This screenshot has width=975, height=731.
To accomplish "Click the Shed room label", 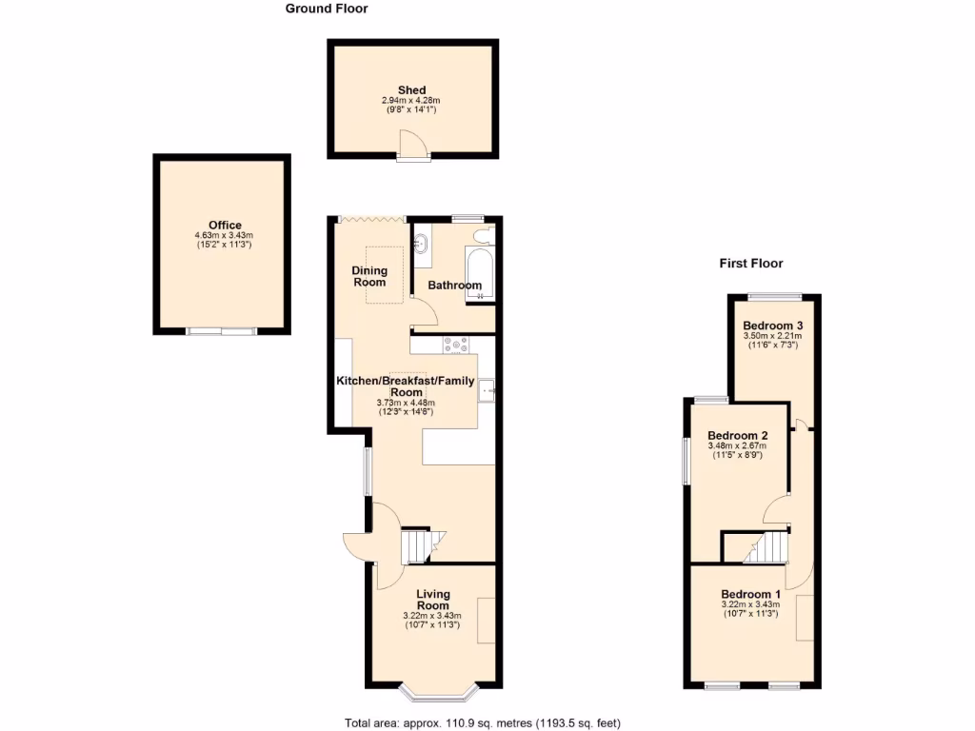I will coord(412,90).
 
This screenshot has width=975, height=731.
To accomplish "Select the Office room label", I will coord(225,226).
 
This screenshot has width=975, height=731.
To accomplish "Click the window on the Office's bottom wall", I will coord(221,331).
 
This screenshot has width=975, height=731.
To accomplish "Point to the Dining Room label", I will coord(370,276).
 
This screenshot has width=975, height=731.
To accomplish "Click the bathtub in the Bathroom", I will coord(477,274).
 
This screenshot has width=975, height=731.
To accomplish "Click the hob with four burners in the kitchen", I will coord(455,345).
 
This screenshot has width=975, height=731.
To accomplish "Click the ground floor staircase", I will coord(419,546).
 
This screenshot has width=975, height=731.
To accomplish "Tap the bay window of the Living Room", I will coord(432,687).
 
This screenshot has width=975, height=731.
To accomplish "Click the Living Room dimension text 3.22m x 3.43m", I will coord(432,616).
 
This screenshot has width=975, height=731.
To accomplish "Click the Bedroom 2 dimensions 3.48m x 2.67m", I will coord(738,445).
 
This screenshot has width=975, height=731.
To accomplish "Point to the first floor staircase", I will coord(769,547).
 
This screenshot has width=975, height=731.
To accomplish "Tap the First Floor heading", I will coord(750,264).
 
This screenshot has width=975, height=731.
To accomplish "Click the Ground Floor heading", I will coord(327,9).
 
